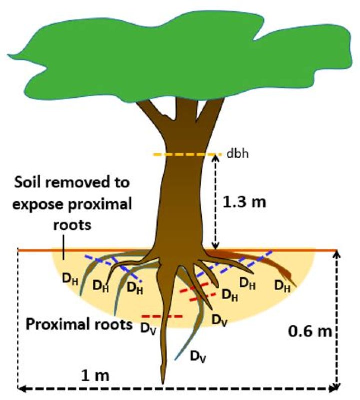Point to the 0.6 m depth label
pos(307,330)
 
